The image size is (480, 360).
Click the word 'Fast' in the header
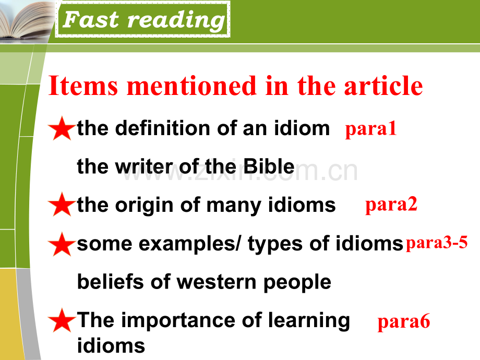coord(91,20)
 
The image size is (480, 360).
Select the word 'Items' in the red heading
coord(83,86)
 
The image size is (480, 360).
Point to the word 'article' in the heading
coord(383,86)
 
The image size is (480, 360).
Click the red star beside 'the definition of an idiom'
coord(62,129)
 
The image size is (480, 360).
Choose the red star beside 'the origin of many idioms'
coord(62,205)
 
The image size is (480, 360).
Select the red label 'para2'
coord(391,205)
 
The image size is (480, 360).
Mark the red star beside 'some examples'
coord(62,245)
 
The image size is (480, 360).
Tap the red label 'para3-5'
coord(437,243)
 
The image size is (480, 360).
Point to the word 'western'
coord(217,282)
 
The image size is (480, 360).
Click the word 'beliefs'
coord(111,281)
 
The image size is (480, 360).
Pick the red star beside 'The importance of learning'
coord(62,320)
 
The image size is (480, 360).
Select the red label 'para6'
coord(404,322)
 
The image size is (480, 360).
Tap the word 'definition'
coord(163,128)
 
